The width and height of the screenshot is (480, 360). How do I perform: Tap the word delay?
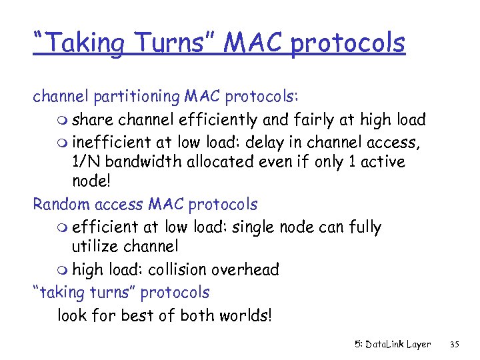point(275,141)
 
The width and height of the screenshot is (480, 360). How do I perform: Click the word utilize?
point(93,247)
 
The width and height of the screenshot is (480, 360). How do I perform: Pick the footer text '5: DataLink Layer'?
point(392,344)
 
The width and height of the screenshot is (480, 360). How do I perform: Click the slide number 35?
point(455,344)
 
